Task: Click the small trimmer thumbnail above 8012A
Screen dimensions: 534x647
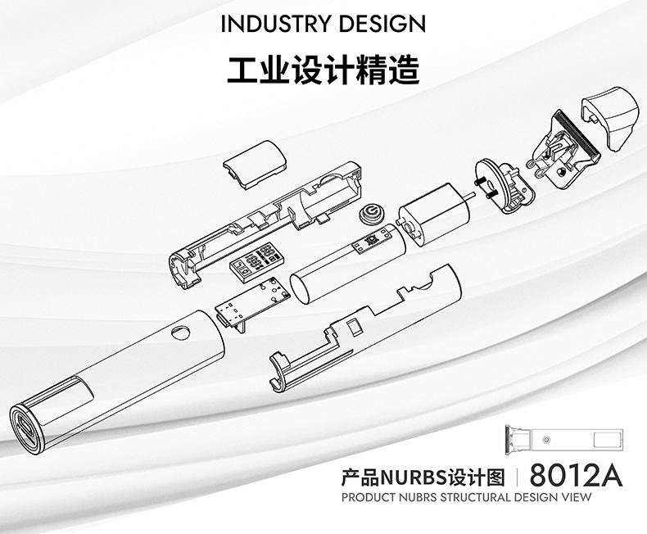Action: [565, 441]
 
